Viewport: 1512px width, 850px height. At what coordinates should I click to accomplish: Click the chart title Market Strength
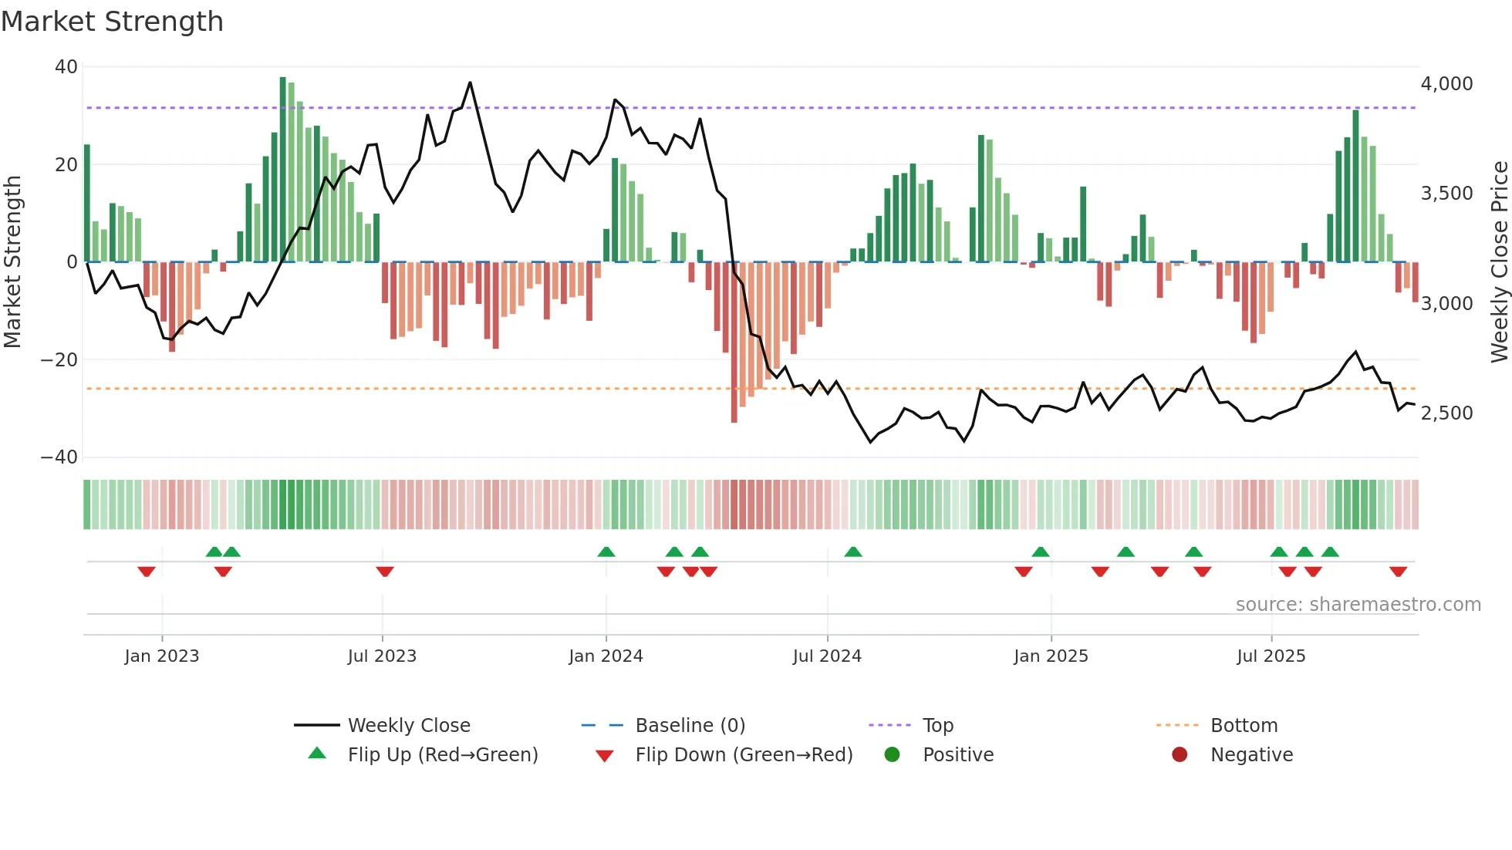pyautogui.click(x=112, y=22)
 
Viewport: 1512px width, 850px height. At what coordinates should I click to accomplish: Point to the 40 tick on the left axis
pyautogui.click(x=66, y=67)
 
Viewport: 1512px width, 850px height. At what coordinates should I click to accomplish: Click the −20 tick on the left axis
pyautogui.click(x=59, y=359)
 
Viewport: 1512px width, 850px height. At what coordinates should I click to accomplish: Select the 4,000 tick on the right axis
pyautogui.click(x=1446, y=84)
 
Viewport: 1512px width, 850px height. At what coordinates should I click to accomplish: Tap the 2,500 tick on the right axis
pyautogui.click(x=1446, y=413)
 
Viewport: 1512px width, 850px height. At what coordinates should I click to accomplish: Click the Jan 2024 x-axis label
pyautogui.click(x=606, y=656)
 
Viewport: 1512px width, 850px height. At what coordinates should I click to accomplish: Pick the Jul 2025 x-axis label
pyautogui.click(x=1271, y=656)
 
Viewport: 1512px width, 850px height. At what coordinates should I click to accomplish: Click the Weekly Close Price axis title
pyautogui.click(x=1499, y=262)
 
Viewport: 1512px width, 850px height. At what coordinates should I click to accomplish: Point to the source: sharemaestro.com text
pyautogui.click(x=1358, y=605)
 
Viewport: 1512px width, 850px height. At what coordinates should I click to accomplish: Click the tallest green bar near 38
pyautogui.click(x=283, y=170)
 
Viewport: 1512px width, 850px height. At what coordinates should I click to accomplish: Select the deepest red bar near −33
pyautogui.click(x=734, y=343)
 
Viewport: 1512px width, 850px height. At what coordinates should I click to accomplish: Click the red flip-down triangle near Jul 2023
pyautogui.click(x=385, y=572)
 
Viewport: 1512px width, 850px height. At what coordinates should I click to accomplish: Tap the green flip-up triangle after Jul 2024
pyautogui.click(x=852, y=551)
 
